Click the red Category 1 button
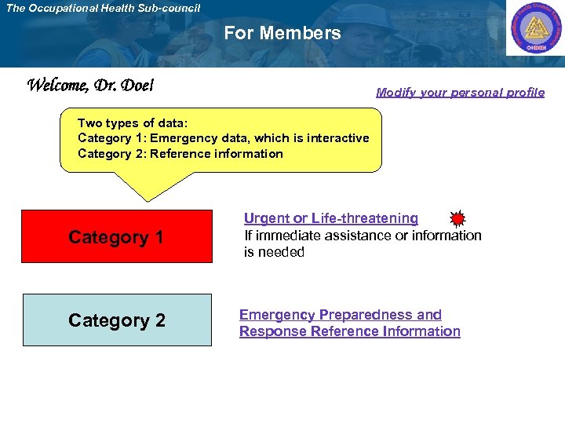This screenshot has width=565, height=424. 116,236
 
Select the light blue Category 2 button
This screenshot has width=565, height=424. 117,320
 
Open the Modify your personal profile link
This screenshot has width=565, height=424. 460,92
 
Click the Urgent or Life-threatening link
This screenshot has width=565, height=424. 330,218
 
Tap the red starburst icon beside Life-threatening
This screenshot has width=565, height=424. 457,219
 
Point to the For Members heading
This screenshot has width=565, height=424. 282,33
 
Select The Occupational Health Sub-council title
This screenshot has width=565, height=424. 103,8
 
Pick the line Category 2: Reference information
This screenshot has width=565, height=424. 180,154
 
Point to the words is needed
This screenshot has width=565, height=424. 274,252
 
